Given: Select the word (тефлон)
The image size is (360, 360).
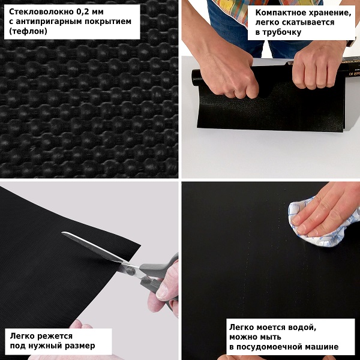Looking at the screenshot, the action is (28, 31).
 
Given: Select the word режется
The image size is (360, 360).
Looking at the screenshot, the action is (55, 336).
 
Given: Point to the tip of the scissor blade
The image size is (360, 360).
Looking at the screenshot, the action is (62, 232).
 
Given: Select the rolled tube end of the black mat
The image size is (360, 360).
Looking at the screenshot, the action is (196, 78).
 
